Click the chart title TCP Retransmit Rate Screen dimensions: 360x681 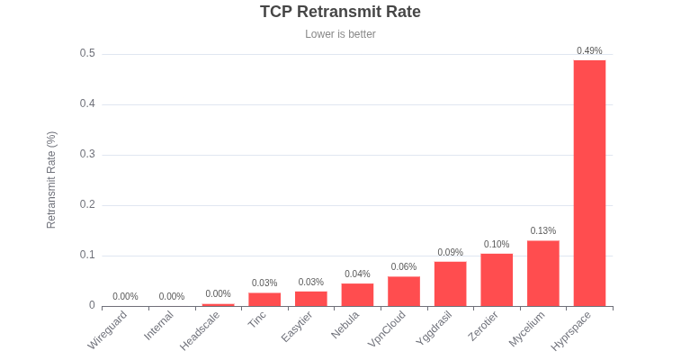pyautogui.click(x=340, y=12)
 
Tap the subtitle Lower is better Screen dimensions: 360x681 pyautogui.click(x=340, y=34)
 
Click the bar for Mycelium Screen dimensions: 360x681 pyautogui.click(x=543, y=273)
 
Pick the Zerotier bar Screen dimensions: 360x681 pyautogui.click(x=497, y=280)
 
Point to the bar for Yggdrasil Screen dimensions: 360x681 pyautogui.click(x=450, y=283)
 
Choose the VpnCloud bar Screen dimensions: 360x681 pyautogui.click(x=404, y=291)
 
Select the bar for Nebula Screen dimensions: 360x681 pyautogui.click(x=357, y=294)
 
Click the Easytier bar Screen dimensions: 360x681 pyautogui.click(x=311, y=298)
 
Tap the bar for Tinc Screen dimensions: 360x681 pyautogui.click(x=264, y=299)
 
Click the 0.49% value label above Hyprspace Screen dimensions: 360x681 pyautogui.click(x=589, y=50)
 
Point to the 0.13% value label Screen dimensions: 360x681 pyautogui.click(x=543, y=230)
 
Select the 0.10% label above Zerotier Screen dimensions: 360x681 pyautogui.click(x=497, y=244)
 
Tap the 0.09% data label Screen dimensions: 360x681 pyautogui.click(x=450, y=252)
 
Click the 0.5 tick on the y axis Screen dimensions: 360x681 pyautogui.click(x=87, y=53)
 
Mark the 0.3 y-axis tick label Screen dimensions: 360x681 pyautogui.click(x=87, y=154)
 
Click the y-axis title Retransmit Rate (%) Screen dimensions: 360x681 pyautogui.click(x=51, y=180)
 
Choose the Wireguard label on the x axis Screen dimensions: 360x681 pyautogui.click(x=109, y=330)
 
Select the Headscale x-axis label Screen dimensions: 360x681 pyautogui.click(x=201, y=330)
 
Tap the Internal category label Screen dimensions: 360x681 pyautogui.click(x=158, y=326)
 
